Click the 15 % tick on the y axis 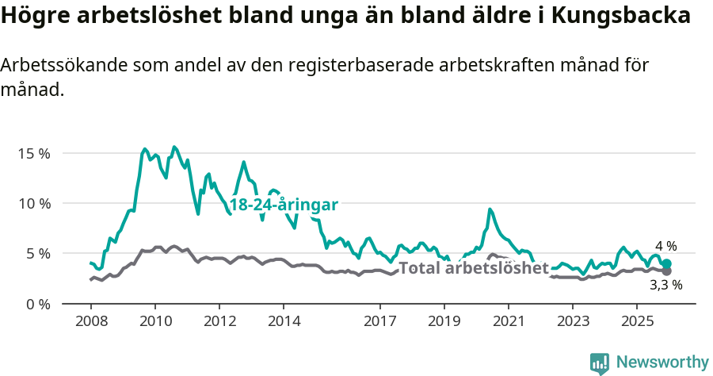tap(34, 153)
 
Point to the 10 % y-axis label tap(34, 203)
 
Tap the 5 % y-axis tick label tap(37, 254)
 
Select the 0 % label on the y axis tap(37, 305)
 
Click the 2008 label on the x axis tap(90, 321)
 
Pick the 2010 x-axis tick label tap(154, 321)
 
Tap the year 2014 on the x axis tap(284, 321)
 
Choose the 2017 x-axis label tap(379, 321)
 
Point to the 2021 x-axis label tap(508, 321)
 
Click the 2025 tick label tap(636, 321)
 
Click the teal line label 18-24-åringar tap(284, 205)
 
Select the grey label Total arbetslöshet tap(473, 268)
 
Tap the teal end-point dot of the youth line tap(666, 264)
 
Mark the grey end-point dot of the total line tap(666, 271)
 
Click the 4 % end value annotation tap(665, 247)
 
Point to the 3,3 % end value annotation tap(665, 284)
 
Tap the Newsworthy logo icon tap(600, 363)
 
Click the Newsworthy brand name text tap(662, 363)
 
